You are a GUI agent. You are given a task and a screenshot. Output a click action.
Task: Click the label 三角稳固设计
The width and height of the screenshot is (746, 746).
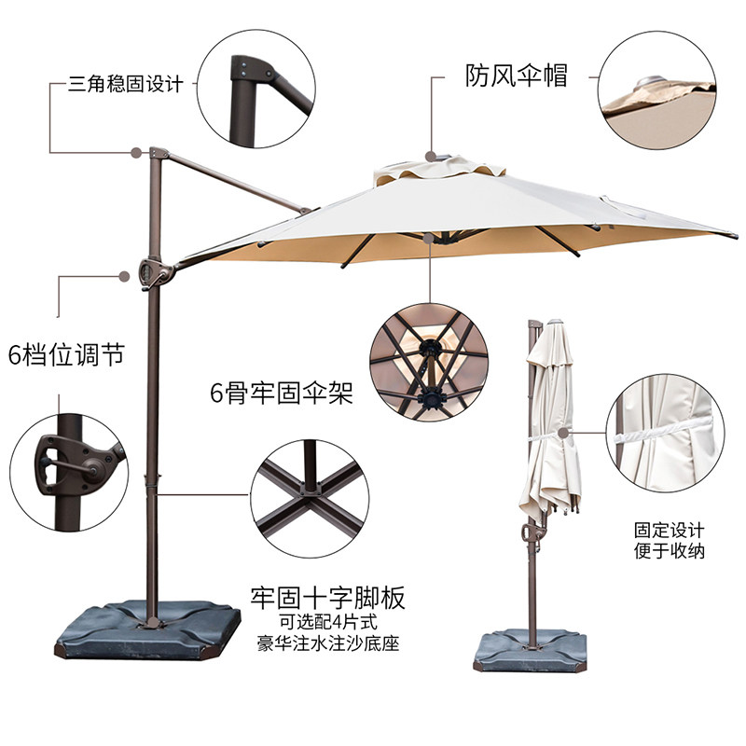point(125,85)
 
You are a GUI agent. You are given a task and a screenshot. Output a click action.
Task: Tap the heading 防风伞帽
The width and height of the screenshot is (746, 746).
point(516,76)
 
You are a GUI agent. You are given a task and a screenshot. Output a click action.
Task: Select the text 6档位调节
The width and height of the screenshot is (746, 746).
point(67,355)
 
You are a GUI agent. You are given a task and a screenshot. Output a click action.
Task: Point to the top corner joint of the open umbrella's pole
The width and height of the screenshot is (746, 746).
point(156,153)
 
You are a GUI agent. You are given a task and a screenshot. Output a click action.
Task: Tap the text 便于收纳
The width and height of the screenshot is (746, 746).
point(670,551)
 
